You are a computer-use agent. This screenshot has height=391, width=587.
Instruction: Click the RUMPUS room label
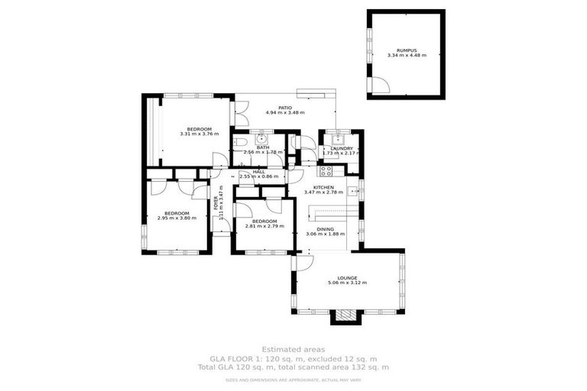pos(406,49)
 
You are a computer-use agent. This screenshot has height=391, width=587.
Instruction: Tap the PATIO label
pos(285,107)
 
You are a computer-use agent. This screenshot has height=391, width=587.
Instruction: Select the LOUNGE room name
pos(347,278)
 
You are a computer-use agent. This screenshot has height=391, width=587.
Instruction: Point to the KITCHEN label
pos(324,187)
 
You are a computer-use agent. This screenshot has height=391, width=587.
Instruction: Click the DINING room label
pos(326,229)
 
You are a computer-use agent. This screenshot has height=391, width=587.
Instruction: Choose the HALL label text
pos(258,172)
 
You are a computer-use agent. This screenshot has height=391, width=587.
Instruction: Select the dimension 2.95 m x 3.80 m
pos(177,218)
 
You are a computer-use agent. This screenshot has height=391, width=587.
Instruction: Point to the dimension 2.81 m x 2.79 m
pos(264,227)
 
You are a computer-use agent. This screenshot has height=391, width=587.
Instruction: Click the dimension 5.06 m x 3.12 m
pos(347,283)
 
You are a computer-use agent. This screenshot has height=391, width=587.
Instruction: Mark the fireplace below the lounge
pos(347,315)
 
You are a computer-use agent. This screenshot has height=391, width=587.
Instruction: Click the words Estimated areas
pos(293,350)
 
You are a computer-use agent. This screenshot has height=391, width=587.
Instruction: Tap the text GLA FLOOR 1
pos(235,358)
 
